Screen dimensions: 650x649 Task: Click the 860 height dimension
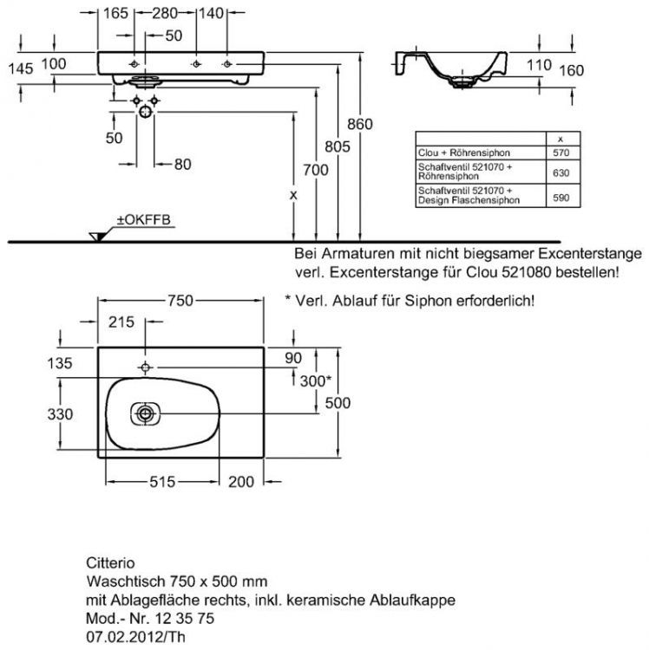(360, 125)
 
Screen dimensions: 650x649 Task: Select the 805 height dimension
(339, 148)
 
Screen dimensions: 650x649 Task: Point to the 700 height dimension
(316, 170)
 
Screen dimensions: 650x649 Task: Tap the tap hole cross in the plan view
(146, 365)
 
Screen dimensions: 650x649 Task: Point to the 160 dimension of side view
(570, 70)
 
